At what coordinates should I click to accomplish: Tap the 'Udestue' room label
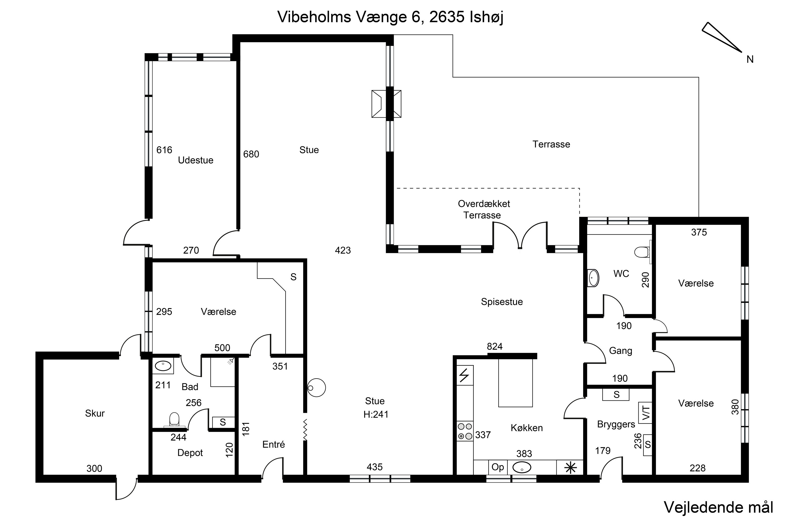coord(196,160)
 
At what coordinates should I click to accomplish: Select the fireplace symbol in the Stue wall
coord(386,104)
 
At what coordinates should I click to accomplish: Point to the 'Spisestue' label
coord(502,302)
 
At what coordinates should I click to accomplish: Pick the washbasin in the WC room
coord(593,278)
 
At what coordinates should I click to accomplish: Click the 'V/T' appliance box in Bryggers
coord(645,413)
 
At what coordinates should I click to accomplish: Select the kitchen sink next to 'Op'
coord(522,468)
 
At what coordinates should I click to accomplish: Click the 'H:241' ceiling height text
coord(376,414)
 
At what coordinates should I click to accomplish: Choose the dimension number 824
coord(494,346)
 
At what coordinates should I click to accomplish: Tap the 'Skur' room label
coord(95,413)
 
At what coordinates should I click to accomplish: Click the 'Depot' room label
coord(190,453)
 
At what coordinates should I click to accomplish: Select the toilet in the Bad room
coord(174,419)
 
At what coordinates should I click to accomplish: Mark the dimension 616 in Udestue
coord(164,150)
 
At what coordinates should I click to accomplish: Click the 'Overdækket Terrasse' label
coord(484,209)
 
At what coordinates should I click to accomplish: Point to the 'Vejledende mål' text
coord(718,507)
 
